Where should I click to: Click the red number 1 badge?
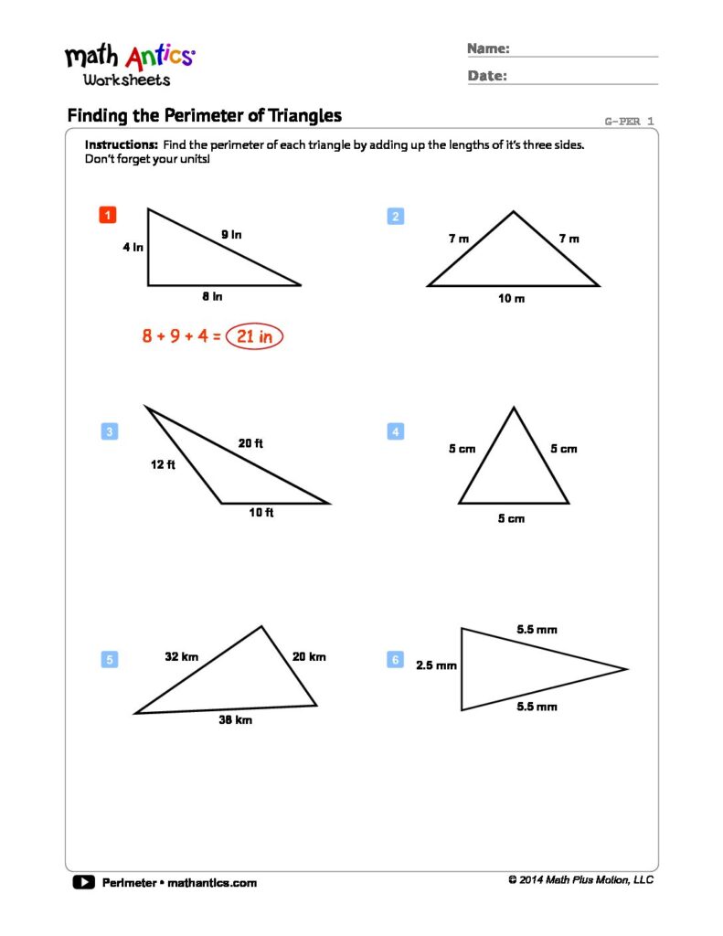click(x=108, y=216)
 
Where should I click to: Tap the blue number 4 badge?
click(x=396, y=431)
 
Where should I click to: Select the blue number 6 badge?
click(x=396, y=659)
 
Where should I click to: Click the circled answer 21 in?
click(x=255, y=336)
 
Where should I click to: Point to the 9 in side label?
click(x=231, y=235)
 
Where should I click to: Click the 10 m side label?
click(x=512, y=299)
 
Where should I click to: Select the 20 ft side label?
click(x=250, y=443)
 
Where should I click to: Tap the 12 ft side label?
click(x=163, y=464)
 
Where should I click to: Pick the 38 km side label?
click(x=235, y=720)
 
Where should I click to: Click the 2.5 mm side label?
click(x=436, y=665)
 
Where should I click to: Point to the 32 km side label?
click(x=182, y=656)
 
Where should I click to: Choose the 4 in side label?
click(x=133, y=247)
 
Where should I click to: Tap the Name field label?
click(x=488, y=48)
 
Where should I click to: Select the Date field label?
click(x=487, y=76)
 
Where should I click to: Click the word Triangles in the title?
click(x=296, y=115)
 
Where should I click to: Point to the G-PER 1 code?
click(x=629, y=122)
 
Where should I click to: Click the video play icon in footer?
click(x=83, y=882)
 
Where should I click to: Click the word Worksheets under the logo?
click(x=126, y=80)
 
